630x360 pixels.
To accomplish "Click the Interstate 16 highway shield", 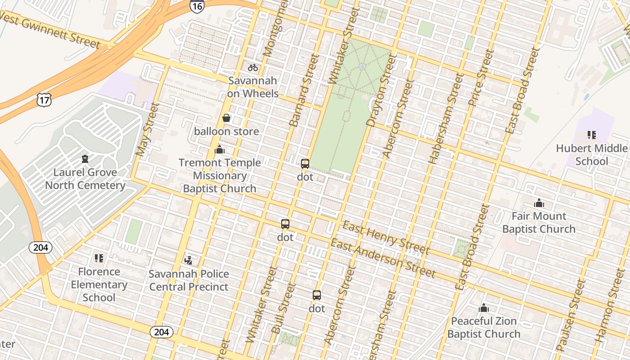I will point(197,5).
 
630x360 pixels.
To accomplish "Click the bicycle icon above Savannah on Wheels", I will point(253,67).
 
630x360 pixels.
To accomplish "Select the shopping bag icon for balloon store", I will point(226,118).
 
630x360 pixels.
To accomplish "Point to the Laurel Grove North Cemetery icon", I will point(85,159).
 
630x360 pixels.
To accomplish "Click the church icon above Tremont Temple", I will point(220,149).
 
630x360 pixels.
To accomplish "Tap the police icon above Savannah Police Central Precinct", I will point(189,260).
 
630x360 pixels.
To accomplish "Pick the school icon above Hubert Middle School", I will point(592,135).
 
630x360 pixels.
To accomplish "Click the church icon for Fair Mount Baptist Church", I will point(539,203).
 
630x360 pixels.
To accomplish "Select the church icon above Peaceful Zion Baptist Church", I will point(484,308).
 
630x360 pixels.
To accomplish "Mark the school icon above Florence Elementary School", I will point(99,258).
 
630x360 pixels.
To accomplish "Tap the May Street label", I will point(148,130).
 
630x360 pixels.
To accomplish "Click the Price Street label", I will point(480,77).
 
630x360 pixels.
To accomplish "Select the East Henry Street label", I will point(386,238).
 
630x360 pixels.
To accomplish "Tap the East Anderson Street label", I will point(383,259).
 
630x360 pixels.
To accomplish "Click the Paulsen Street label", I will point(571,315).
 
